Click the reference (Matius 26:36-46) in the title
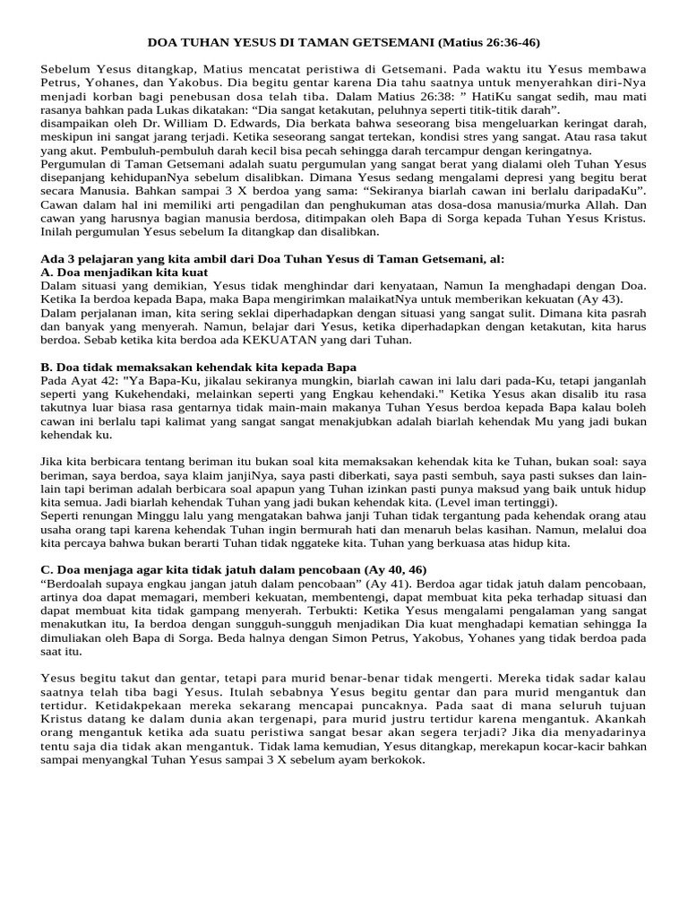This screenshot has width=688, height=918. pyautogui.click(x=489, y=41)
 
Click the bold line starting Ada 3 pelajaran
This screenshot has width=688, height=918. pyautogui.click(x=272, y=258)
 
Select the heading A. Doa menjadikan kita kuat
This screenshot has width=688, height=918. pyautogui.click(x=125, y=272)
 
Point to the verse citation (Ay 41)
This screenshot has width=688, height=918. pyautogui.click(x=386, y=584)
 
